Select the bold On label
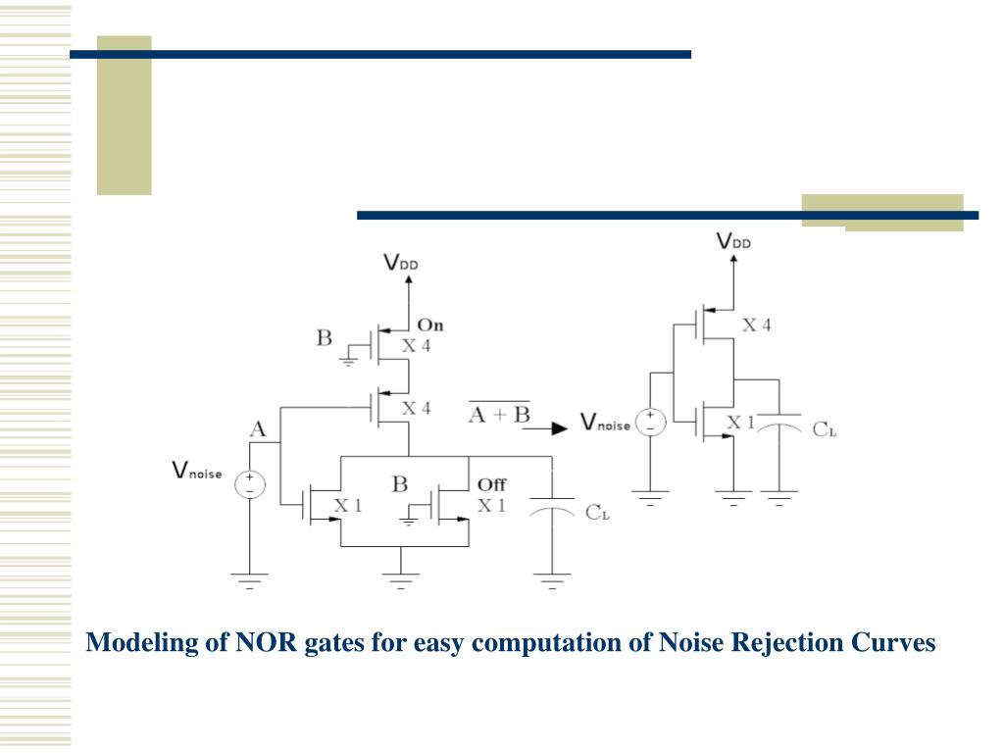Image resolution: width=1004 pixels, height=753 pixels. click(x=430, y=325)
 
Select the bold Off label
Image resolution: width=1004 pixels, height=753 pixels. click(x=491, y=484)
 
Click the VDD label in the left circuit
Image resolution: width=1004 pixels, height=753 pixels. click(x=405, y=262)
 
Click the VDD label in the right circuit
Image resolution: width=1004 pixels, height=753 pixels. click(x=733, y=241)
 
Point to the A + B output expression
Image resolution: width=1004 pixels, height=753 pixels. click(x=498, y=414)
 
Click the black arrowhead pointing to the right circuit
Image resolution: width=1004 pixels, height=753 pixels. click(x=559, y=428)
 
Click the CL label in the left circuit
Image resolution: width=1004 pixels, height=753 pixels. click(x=598, y=513)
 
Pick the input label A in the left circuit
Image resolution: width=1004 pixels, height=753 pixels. click(x=258, y=428)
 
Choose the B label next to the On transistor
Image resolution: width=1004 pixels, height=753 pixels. click(x=324, y=339)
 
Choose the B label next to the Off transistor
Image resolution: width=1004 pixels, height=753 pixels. click(x=399, y=483)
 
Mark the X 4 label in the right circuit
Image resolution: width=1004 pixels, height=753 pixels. click(x=755, y=325)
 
